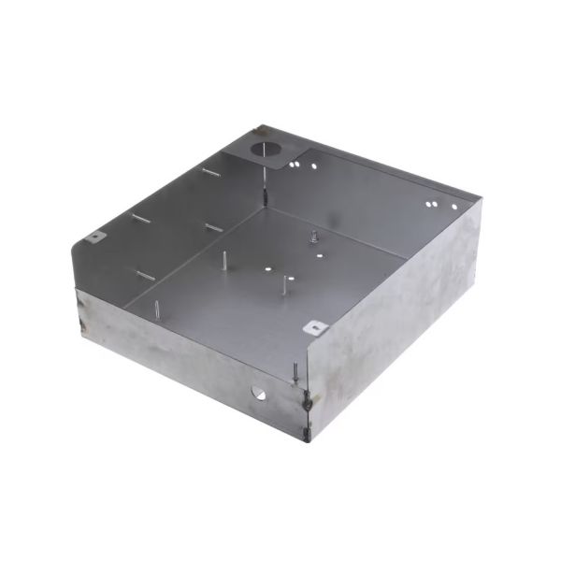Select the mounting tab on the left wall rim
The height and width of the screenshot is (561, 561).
[95, 237]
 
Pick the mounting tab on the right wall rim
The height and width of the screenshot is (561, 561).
[317, 327]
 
